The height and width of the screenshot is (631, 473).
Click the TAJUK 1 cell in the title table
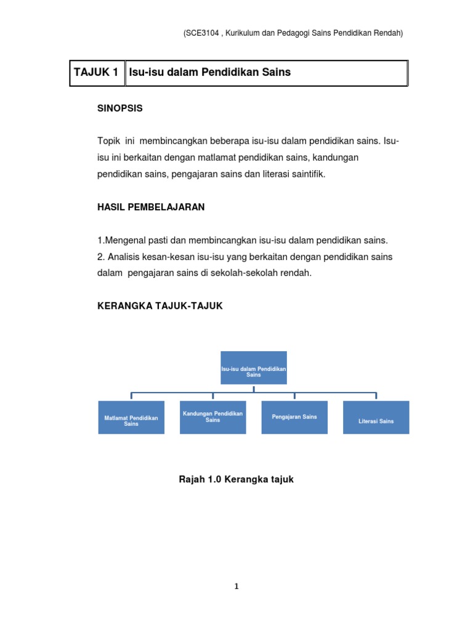(96, 73)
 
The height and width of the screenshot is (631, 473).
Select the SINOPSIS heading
(120, 108)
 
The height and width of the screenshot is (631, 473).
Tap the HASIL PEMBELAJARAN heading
(151, 208)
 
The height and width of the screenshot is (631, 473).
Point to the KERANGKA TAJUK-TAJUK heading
(160, 306)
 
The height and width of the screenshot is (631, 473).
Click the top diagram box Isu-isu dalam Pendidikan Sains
(254, 368)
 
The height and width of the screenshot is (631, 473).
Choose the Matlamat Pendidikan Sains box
(131, 418)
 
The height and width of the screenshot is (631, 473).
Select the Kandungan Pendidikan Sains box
(213, 417)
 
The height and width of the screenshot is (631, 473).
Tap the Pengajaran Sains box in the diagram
(294, 417)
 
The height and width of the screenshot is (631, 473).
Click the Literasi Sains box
(376, 418)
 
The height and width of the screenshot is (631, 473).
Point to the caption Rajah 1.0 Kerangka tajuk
(236, 479)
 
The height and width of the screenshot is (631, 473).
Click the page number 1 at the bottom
(236, 587)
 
